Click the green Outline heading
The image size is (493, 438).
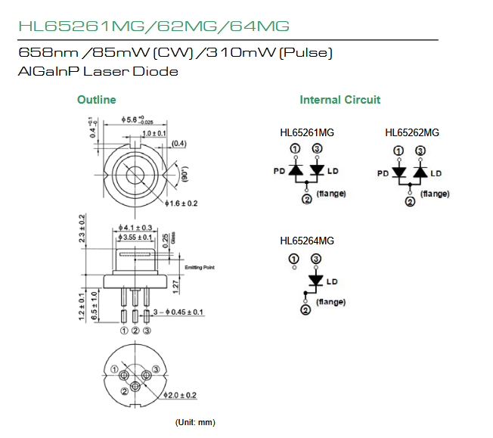pos(97,100)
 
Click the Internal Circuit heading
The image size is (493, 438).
pos(340,100)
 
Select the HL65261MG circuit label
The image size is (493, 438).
pos(307,133)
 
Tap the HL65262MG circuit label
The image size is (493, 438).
pos(412,133)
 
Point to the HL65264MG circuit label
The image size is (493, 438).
pos(307,241)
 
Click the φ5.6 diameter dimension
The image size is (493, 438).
pos(137,120)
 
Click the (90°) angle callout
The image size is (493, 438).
pos(184,176)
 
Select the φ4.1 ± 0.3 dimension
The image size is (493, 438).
pos(137,227)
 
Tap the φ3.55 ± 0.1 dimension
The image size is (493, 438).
pos(138,237)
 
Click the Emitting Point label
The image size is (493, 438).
pos(200,266)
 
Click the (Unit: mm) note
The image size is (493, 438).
pos(195,421)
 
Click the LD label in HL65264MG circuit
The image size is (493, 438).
pos(332,281)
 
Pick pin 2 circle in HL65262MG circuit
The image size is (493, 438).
pos(409,202)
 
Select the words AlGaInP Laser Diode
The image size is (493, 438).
pos(98,72)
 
